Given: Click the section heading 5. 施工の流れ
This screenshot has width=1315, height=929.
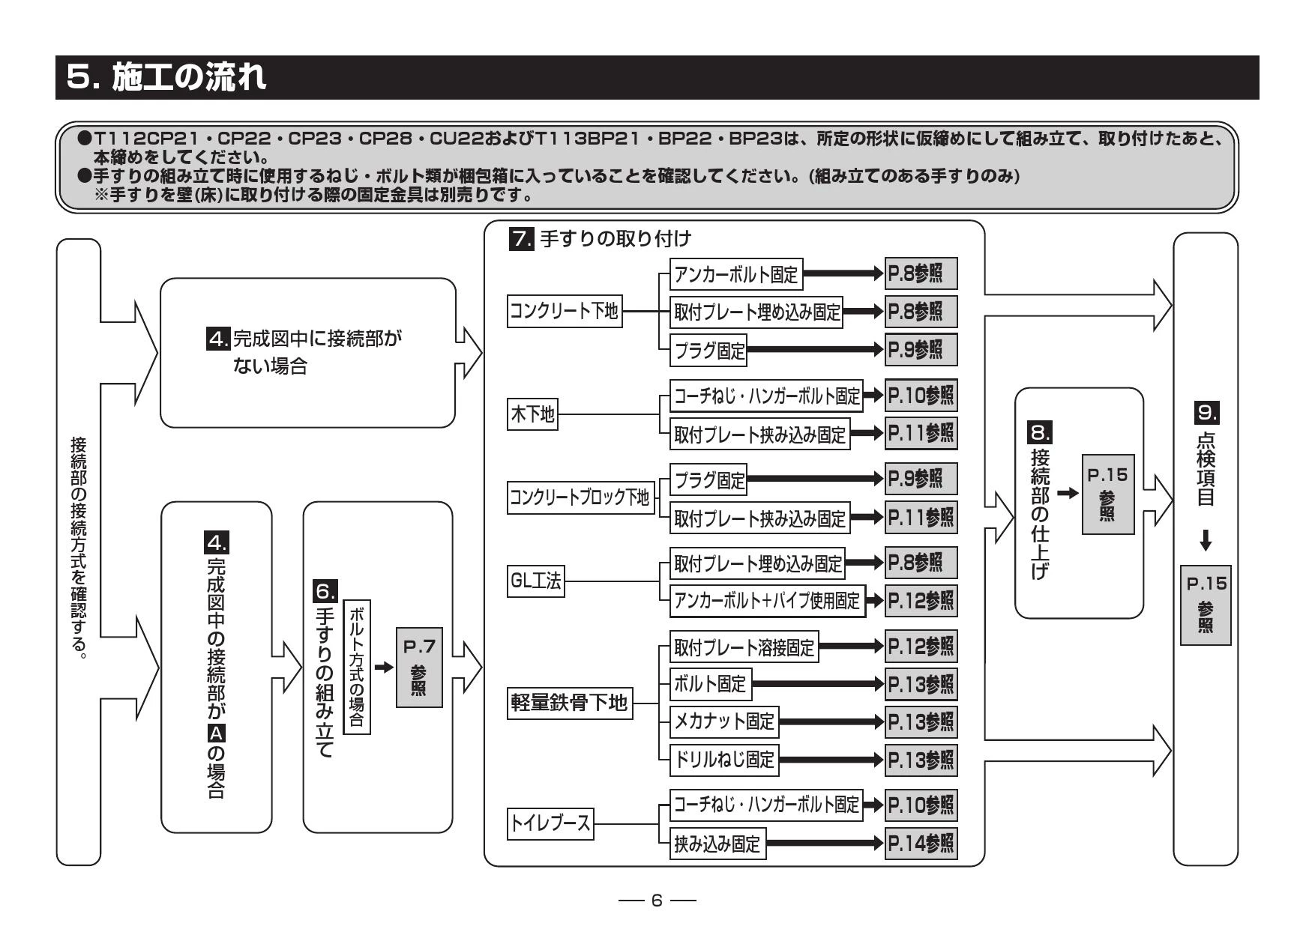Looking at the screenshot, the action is point(166,77).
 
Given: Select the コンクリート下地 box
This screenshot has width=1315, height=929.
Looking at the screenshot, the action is point(565,311).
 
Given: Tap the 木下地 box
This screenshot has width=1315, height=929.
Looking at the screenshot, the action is point(532,414).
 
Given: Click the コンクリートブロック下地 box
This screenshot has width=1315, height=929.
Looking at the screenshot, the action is point(580,497).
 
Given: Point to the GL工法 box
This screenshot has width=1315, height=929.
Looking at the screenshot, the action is point(535,581).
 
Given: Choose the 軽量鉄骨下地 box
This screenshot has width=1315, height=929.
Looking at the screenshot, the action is point(569,703).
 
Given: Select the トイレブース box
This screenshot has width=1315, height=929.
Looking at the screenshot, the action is point(550,825).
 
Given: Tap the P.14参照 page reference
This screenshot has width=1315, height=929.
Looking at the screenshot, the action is point(921,844).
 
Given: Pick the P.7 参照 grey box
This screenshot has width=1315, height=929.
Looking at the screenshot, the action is point(419,668).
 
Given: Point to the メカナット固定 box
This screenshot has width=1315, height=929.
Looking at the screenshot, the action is point(724,721).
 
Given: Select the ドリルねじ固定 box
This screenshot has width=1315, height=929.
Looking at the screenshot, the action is point(724,760).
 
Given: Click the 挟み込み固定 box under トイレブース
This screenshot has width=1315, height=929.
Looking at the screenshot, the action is point(717,844).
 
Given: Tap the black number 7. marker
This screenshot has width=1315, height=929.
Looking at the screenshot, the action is point(522,239).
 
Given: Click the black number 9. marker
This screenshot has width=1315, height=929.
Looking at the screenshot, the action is point(1207,412).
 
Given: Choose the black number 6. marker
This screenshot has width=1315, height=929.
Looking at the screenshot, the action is point(325,591).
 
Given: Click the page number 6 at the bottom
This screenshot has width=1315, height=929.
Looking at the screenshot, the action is point(657,900).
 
